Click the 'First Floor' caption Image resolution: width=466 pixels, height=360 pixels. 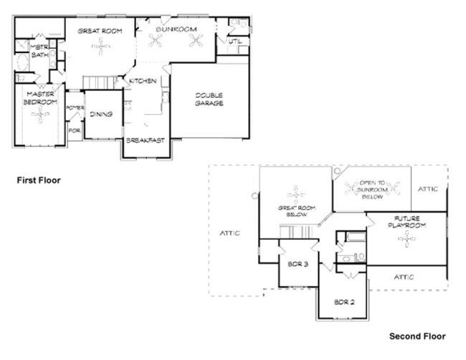coord(39,180)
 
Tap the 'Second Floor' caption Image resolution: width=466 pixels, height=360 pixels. coord(417,336)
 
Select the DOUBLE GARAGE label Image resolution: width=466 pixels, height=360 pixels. coord(209,99)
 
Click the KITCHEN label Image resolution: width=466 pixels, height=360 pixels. coord(143,81)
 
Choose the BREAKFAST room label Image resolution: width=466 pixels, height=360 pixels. coord(146,141)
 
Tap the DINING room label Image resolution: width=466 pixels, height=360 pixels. coord(101,113)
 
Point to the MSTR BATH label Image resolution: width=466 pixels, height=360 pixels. coord(37,51)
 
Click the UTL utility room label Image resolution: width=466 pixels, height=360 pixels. coord(235,42)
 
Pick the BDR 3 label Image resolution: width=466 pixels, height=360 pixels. coord(298,265)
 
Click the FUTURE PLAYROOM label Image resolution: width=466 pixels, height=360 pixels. coord(407,222)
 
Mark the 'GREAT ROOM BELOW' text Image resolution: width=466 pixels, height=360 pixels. coord(297,212)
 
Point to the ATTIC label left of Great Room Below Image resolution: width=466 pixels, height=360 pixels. coord(229,233)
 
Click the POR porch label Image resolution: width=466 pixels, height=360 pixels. coord(74,131)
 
